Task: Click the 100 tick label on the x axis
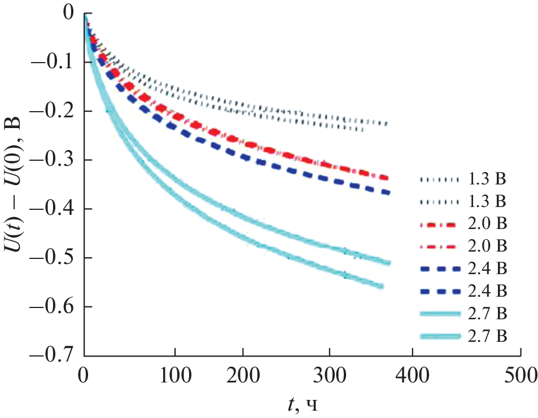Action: click(x=175, y=373)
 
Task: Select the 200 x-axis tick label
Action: click(x=243, y=373)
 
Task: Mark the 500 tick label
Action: click(x=520, y=373)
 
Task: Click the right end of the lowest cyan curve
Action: click(x=383, y=287)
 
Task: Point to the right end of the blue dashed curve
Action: click(x=390, y=193)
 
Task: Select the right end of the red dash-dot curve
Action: click(x=388, y=178)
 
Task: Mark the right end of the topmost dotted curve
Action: click(x=387, y=124)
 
